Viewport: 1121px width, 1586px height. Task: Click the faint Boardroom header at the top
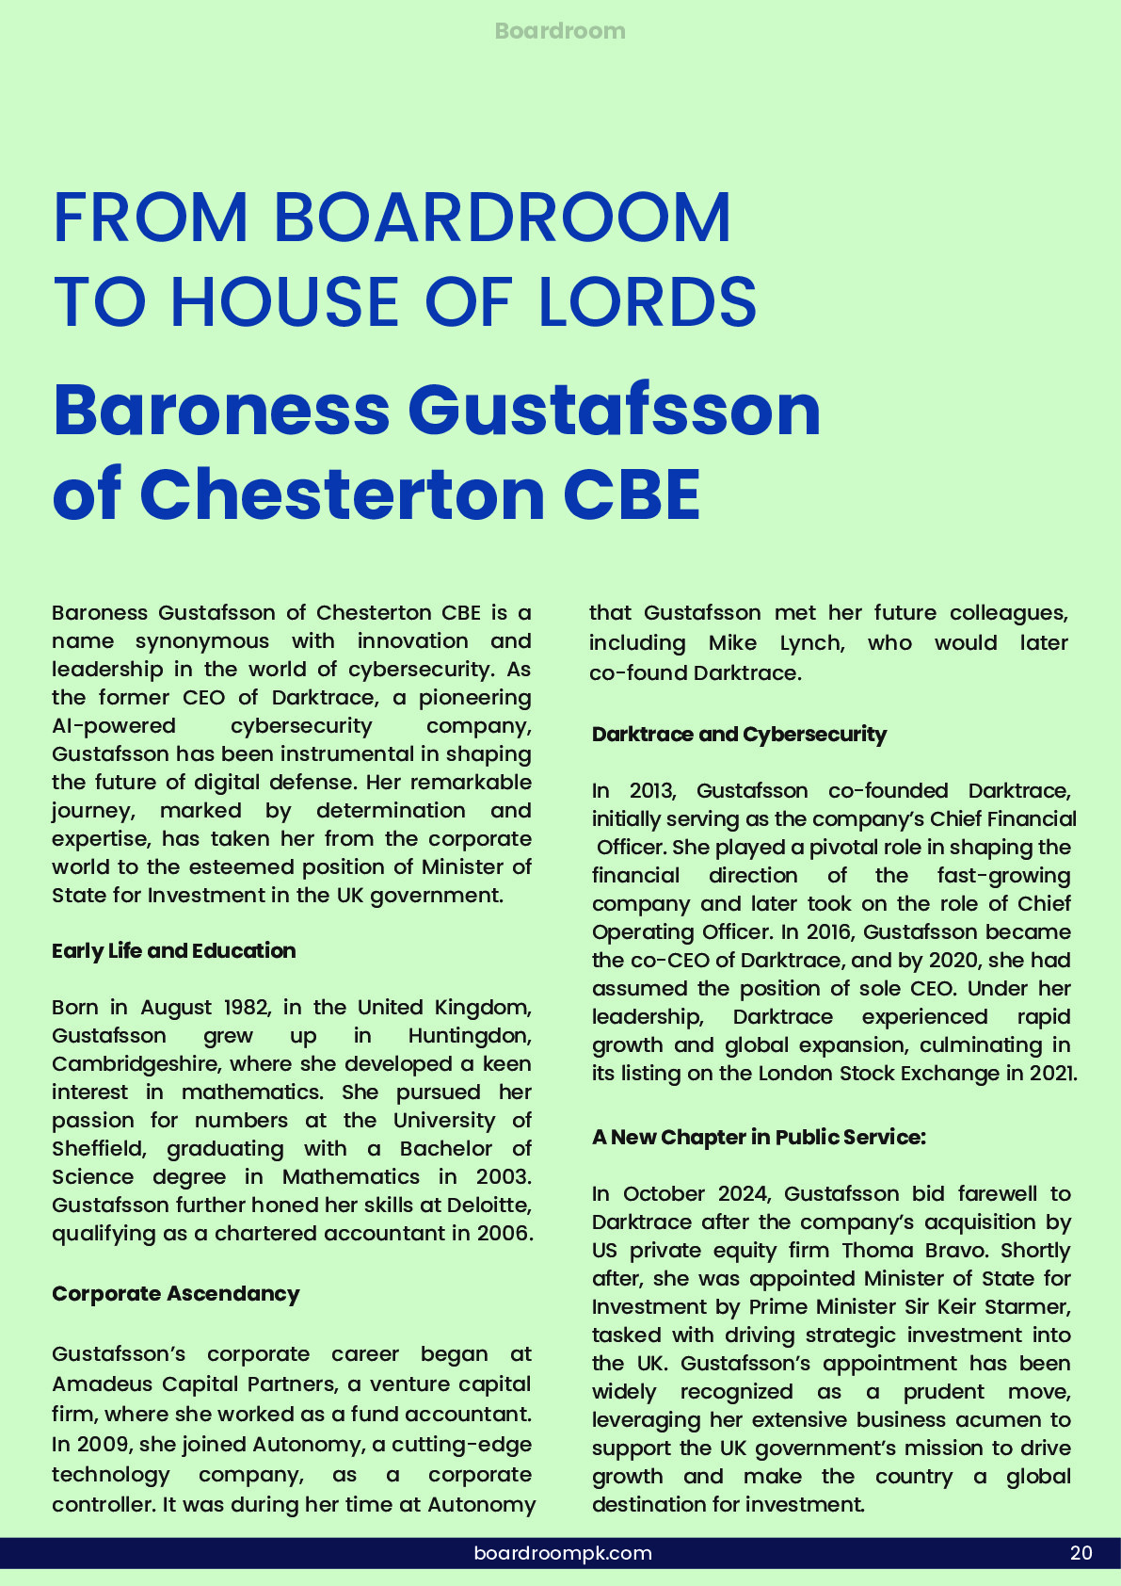[560, 31]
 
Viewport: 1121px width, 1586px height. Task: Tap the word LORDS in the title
[647, 302]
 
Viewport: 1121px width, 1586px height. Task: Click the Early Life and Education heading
[174, 951]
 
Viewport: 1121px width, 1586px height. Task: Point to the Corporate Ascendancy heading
[176, 1294]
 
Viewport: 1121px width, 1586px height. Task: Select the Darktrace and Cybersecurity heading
[739, 735]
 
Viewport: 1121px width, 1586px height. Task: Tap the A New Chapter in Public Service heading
[759, 1138]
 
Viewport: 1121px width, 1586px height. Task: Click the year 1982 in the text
[246, 1008]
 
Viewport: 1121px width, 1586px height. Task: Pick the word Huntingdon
[470, 1036]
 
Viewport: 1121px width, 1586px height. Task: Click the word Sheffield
[98, 1149]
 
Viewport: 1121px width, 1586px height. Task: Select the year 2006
[504, 1234]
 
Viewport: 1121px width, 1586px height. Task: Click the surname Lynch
[812, 643]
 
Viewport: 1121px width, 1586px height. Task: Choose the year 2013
[652, 791]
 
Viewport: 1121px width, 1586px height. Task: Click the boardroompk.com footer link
[563, 1553]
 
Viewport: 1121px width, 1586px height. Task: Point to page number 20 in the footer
[1081, 1553]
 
